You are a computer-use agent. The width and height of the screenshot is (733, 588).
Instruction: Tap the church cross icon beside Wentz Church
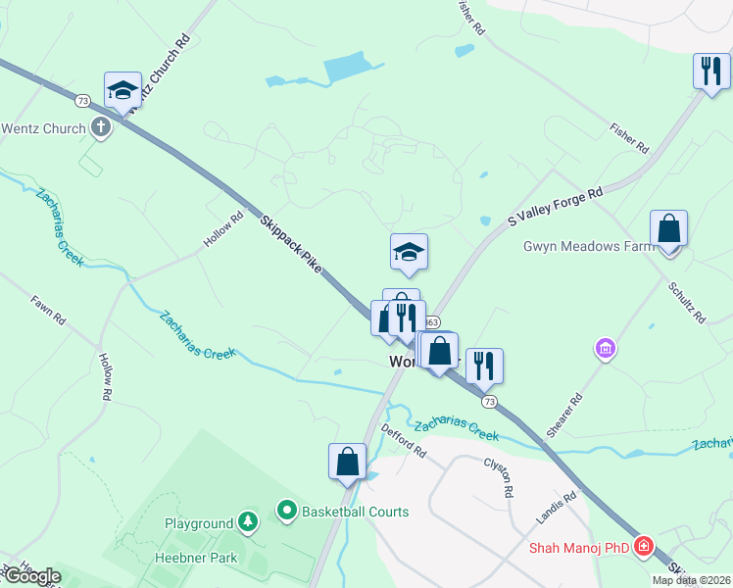[100, 127]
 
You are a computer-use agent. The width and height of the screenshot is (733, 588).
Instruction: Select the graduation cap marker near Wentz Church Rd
[122, 90]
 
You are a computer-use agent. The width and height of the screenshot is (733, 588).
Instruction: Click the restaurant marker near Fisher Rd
[711, 71]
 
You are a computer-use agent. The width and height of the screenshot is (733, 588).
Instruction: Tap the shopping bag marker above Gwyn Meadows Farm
[668, 229]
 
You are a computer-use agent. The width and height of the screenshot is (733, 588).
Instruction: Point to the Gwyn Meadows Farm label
[588, 246]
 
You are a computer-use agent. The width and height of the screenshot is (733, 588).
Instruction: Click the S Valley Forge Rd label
[554, 209]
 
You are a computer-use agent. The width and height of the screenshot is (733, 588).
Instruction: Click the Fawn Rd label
[47, 310]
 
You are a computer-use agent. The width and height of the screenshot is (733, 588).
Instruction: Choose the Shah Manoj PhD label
[578, 548]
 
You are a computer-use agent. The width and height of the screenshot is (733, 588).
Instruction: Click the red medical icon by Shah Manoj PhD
[644, 547]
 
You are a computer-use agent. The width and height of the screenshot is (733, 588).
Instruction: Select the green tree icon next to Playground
[249, 521]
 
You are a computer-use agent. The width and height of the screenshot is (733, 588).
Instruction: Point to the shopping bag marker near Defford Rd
[348, 462]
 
